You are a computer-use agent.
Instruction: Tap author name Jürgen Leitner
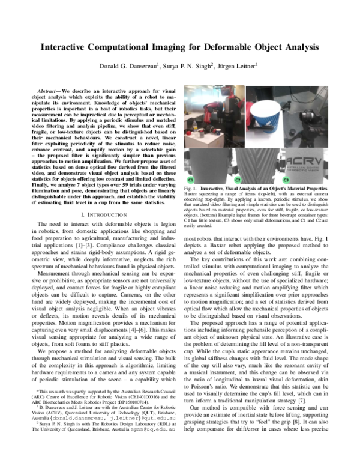pyautogui.click(x=239, y=66)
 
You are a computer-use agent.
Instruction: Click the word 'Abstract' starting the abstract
pyautogui.click(x=49, y=89)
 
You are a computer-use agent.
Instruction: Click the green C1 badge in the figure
pyautogui.click(x=191, y=180)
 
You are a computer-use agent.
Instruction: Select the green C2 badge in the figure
pyautogui.click(x=237, y=180)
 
